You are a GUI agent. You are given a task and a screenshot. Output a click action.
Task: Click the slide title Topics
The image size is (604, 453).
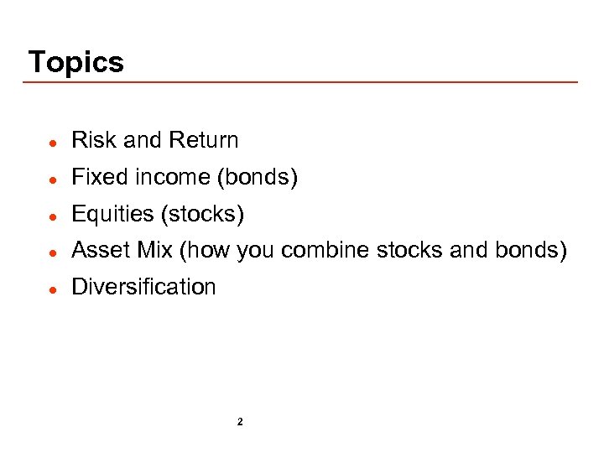(75, 62)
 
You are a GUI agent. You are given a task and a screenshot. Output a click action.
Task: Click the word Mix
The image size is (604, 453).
(153, 251)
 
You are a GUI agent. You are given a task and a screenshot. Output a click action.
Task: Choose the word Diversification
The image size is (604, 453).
(143, 287)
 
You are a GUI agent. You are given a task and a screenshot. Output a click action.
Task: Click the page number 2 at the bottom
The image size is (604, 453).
(240, 422)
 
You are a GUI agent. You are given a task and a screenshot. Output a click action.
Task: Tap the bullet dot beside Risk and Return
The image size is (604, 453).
(52, 142)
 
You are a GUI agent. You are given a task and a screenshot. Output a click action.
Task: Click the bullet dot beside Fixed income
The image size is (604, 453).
(52, 179)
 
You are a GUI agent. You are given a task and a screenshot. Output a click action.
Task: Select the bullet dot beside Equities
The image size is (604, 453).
(52, 216)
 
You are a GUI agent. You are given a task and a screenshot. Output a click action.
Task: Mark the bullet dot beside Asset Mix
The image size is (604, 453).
(52, 252)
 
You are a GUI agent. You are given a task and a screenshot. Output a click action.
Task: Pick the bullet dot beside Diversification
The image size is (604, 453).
(52, 289)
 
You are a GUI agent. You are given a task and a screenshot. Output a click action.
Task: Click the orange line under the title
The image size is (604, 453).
(302, 82)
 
